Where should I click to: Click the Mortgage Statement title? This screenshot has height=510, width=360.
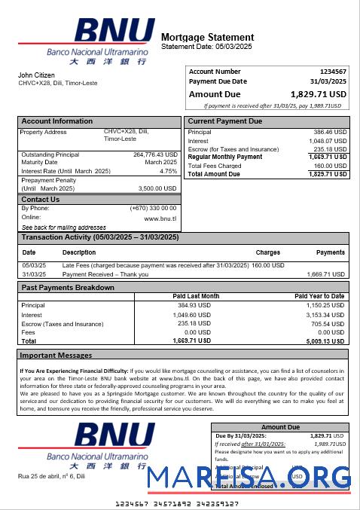[x=207, y=37]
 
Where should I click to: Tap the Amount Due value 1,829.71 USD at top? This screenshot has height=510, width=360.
[x=319, y=94]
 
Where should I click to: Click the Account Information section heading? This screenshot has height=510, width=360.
[x=57, y=121]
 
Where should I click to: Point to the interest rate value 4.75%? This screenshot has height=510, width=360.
[x=168, y=171]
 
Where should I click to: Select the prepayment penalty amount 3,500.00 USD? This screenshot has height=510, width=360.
[x=157, y=188]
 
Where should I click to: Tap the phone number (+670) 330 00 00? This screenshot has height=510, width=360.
[x=153, y=208]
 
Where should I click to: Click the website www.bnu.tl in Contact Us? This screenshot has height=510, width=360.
[x=160, y=218]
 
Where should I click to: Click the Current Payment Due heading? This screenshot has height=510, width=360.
[x=224, y=121]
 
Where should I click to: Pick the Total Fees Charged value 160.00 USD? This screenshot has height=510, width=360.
[x=330, y=166]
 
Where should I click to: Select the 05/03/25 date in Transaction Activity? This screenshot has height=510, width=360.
[x=34, y=265]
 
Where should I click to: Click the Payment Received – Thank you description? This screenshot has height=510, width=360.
[x=105, y=274]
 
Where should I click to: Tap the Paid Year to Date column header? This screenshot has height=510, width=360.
[x=319, y=296]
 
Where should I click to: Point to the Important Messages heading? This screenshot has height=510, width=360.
[x=56, y=355]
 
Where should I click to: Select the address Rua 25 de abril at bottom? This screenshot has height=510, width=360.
[x=51, y=476]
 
